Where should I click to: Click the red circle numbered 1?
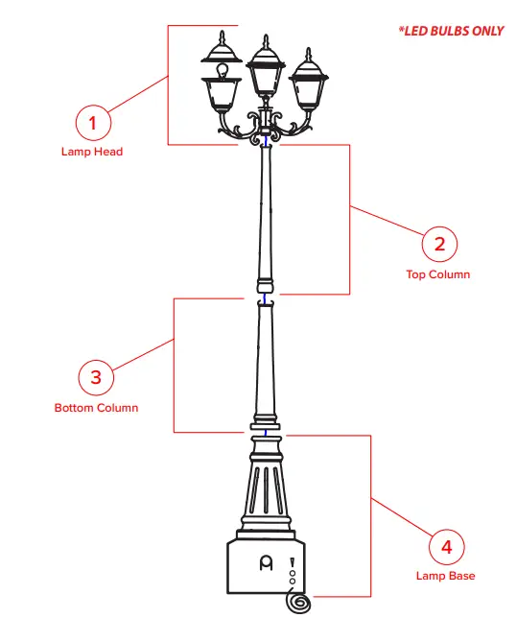(93, 123)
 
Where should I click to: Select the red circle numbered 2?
(439, 244)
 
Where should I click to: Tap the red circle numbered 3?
(95, 377)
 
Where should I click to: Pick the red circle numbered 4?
(445, 547)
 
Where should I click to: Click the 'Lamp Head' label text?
(92, 152)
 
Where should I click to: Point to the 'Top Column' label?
(437, 274)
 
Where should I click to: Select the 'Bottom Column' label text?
(96, 408)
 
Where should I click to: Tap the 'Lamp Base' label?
(445, 577)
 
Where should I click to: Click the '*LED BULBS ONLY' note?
(451, 31)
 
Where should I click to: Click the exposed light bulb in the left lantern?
(223, 70)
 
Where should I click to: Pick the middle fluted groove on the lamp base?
(265, 494)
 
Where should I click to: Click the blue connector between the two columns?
(265, 299)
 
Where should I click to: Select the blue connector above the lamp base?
(265, 431)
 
